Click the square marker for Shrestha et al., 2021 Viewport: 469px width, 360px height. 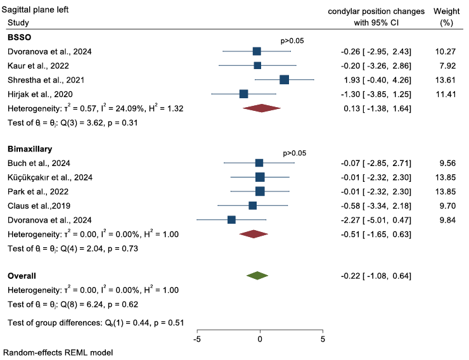tap(284, 79)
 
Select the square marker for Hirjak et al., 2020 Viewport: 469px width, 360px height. tap(244, 94)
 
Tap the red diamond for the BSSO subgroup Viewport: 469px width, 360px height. tap(261, 108)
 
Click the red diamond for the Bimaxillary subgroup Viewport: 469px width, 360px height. tap(254, 234)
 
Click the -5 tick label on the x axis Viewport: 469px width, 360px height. tap(197, 339)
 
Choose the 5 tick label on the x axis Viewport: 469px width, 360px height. tap(323, 339)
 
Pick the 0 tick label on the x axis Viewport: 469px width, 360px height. tap(260, 339)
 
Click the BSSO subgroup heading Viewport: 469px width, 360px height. tap(20, 37)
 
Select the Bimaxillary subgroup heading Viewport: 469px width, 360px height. tap(30, 150)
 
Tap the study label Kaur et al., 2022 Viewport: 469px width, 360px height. tap(38, 65)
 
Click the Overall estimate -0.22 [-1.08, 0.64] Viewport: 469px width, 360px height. tap(375, 276)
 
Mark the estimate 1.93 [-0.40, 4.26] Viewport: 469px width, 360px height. tap(375, 80)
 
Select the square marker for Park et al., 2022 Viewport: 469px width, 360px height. tap(260, 191)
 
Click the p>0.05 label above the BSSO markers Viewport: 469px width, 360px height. tap(292, 41)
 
